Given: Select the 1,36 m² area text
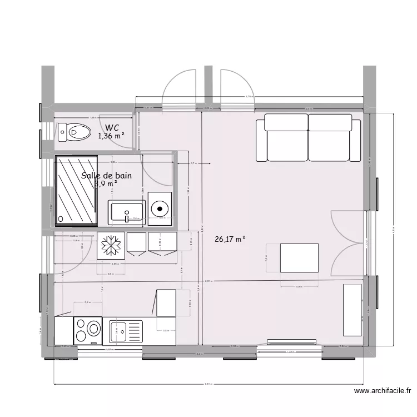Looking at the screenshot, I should [111, 136].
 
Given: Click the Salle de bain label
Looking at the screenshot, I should [107, 176].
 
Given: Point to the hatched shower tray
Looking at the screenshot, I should [76, 191].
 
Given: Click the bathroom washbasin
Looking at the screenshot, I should [127, 213].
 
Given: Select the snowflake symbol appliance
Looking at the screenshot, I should [110, 245].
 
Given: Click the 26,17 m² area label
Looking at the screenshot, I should [230, 240].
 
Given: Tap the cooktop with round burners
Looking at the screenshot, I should [88, 331].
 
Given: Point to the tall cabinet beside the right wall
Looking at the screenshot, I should [353, 309].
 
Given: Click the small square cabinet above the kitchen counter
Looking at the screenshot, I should [166, 302].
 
